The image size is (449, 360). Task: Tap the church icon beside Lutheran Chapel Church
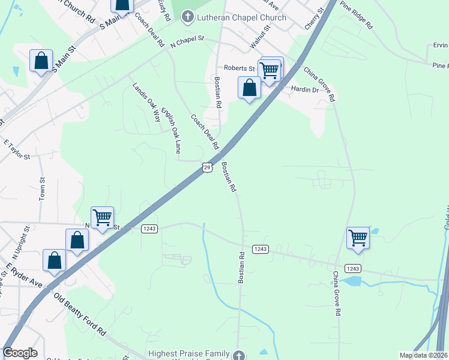(x=188, y=17)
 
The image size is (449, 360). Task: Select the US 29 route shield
(x=206, y=167)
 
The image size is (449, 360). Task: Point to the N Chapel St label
(x=187, y=41)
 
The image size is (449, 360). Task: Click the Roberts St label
(x=240, y=68)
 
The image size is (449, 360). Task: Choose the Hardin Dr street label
(x=304, y=89)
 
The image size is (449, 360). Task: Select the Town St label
(x=42, y=188)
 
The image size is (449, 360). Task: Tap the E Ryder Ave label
(x=25, y=274)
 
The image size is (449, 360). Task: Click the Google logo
(x=20, y=353)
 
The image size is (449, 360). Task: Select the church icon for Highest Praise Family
(x=240, y=355)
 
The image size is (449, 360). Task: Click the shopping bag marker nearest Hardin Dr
(x=249, y=88)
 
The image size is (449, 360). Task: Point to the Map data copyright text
(x=424, y=355)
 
